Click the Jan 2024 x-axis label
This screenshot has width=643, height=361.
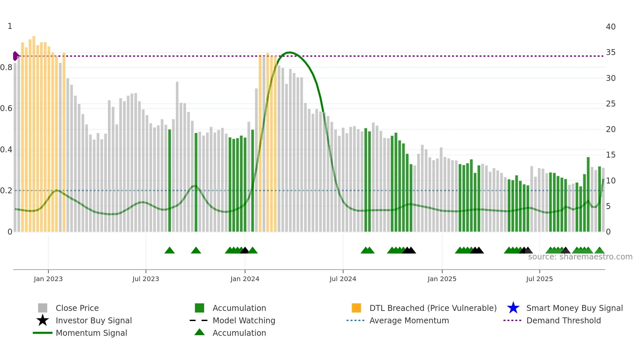point(245,279)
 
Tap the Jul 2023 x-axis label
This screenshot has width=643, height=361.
point(146,279)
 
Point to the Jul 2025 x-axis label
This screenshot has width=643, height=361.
point(539,279)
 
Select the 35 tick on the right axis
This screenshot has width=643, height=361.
point(611,52)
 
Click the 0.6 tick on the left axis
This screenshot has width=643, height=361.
point(6,108)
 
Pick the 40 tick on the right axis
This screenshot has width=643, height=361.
point(611,27)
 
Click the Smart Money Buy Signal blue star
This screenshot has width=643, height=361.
point(513,308)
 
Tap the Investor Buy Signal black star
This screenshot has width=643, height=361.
point(43,320)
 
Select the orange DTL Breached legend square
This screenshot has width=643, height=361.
point(356,308)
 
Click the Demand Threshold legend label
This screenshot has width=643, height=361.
point(563,320)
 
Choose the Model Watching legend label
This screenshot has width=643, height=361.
point(244,320)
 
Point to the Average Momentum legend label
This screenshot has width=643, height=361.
point(409,320)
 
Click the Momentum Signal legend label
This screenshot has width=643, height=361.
point(91,333)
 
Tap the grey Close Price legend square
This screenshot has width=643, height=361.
point(43,308)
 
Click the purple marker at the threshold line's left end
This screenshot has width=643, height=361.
point(15,56)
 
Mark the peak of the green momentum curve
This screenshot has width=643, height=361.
point(289,52)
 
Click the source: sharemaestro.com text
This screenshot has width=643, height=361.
point(580,257)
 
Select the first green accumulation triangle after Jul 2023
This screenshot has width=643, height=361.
point(170,251)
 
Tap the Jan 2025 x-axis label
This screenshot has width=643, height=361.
point(442,279)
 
